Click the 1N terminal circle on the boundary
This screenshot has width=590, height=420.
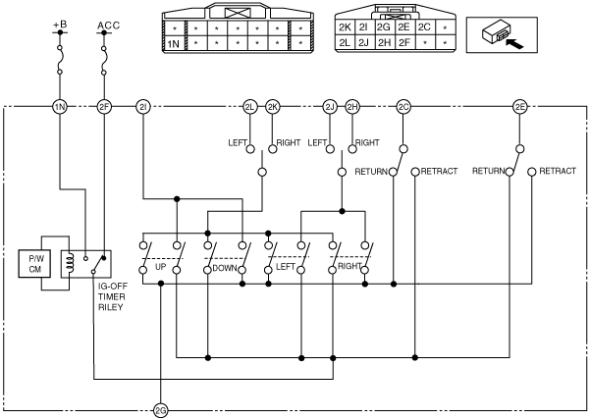point(60,107)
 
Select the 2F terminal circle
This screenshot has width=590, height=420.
point(104,107)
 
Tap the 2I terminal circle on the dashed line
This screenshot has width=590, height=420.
point(143,107)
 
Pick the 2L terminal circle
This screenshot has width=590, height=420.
point(250,107)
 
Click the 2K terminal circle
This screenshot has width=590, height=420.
point(273,107)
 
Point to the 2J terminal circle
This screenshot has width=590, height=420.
point(330,107)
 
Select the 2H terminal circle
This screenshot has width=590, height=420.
point(352,107)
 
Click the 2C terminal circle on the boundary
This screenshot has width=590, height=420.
point(403,107)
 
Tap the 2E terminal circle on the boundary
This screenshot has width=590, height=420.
point(520,107)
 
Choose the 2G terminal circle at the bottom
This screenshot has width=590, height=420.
point(161,411)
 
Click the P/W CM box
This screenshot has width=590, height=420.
point(34,264)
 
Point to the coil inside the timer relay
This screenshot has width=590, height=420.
point(70,263)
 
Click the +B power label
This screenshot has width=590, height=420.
point(60,25)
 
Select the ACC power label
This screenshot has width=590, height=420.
point(108,26)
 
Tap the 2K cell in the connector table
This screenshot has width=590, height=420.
point(345,27)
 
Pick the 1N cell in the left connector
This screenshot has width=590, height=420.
point(173,44)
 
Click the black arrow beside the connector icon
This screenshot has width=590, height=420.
point(514,43)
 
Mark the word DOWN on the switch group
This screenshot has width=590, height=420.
point(225,268)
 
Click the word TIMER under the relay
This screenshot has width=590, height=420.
point(111,296)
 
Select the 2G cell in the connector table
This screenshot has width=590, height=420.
point(384,27)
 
